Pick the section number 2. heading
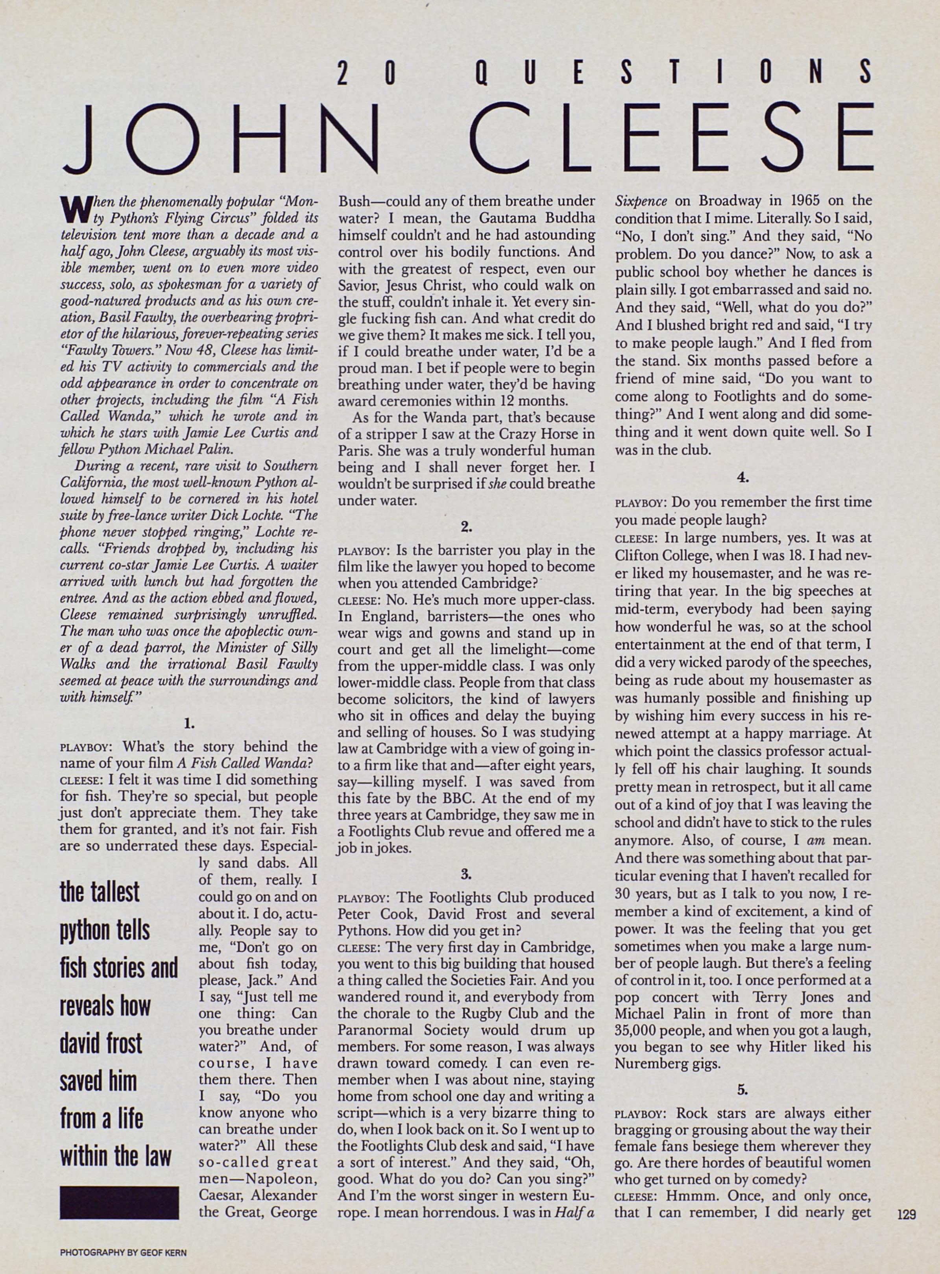(x=466, y=527)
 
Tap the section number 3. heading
(x=466, y=873)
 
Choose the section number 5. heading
(x=742, y=1089)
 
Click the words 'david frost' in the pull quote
(x=101, y=1044)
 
